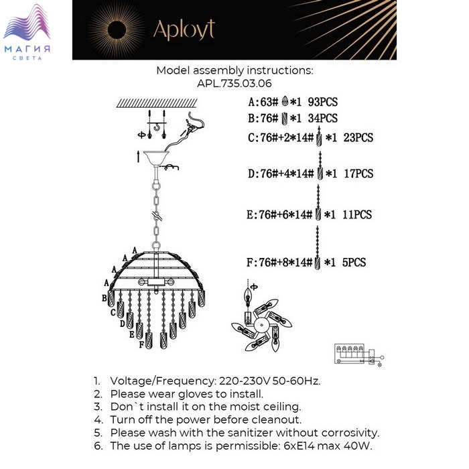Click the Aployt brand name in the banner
click(184, 29)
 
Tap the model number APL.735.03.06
click(234, 84)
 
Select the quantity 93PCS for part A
click(323, 102)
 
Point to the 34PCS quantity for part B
click(323, 118)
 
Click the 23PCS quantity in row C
click(358, 137)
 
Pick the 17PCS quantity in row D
click(358, 174)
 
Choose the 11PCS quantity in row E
click(357, 214)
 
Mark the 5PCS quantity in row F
click(354, 263)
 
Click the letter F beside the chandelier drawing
click(142, 345)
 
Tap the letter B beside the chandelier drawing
click(105, 298)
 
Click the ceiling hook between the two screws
click(156, 128)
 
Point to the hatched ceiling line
click(157, 103)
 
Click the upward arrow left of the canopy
click(138, 157)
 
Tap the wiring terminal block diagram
click(359, 354)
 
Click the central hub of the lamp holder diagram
click(262, 325)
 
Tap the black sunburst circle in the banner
click(117, 30)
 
